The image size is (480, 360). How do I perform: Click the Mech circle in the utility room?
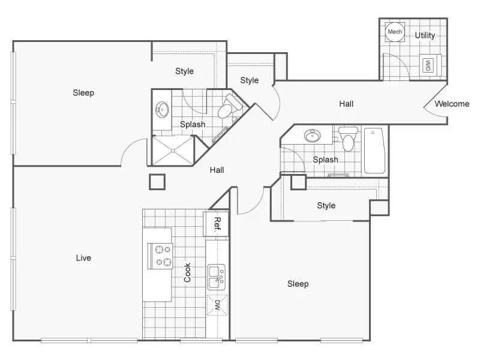395,32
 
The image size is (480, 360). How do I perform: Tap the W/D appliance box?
428,65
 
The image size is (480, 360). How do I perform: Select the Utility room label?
425,35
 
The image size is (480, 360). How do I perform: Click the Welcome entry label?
452,104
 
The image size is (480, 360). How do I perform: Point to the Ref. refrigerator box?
217,223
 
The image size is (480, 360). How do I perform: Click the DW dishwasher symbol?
217,305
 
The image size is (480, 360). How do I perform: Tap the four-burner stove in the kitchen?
160,256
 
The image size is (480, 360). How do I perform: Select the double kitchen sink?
217,277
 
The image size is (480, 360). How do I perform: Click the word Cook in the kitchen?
187,272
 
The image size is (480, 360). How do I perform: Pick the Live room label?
83,258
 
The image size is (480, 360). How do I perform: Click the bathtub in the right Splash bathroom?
374,151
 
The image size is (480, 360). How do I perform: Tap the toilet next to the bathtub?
348,139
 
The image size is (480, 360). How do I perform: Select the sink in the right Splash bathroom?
312,136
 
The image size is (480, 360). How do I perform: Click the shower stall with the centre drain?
173,151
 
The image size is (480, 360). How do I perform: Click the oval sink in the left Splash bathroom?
162,110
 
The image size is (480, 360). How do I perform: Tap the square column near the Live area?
157,182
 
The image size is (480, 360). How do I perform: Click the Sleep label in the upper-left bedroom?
83,92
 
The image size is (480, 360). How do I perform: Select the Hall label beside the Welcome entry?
346,104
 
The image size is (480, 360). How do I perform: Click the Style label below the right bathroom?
326,205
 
